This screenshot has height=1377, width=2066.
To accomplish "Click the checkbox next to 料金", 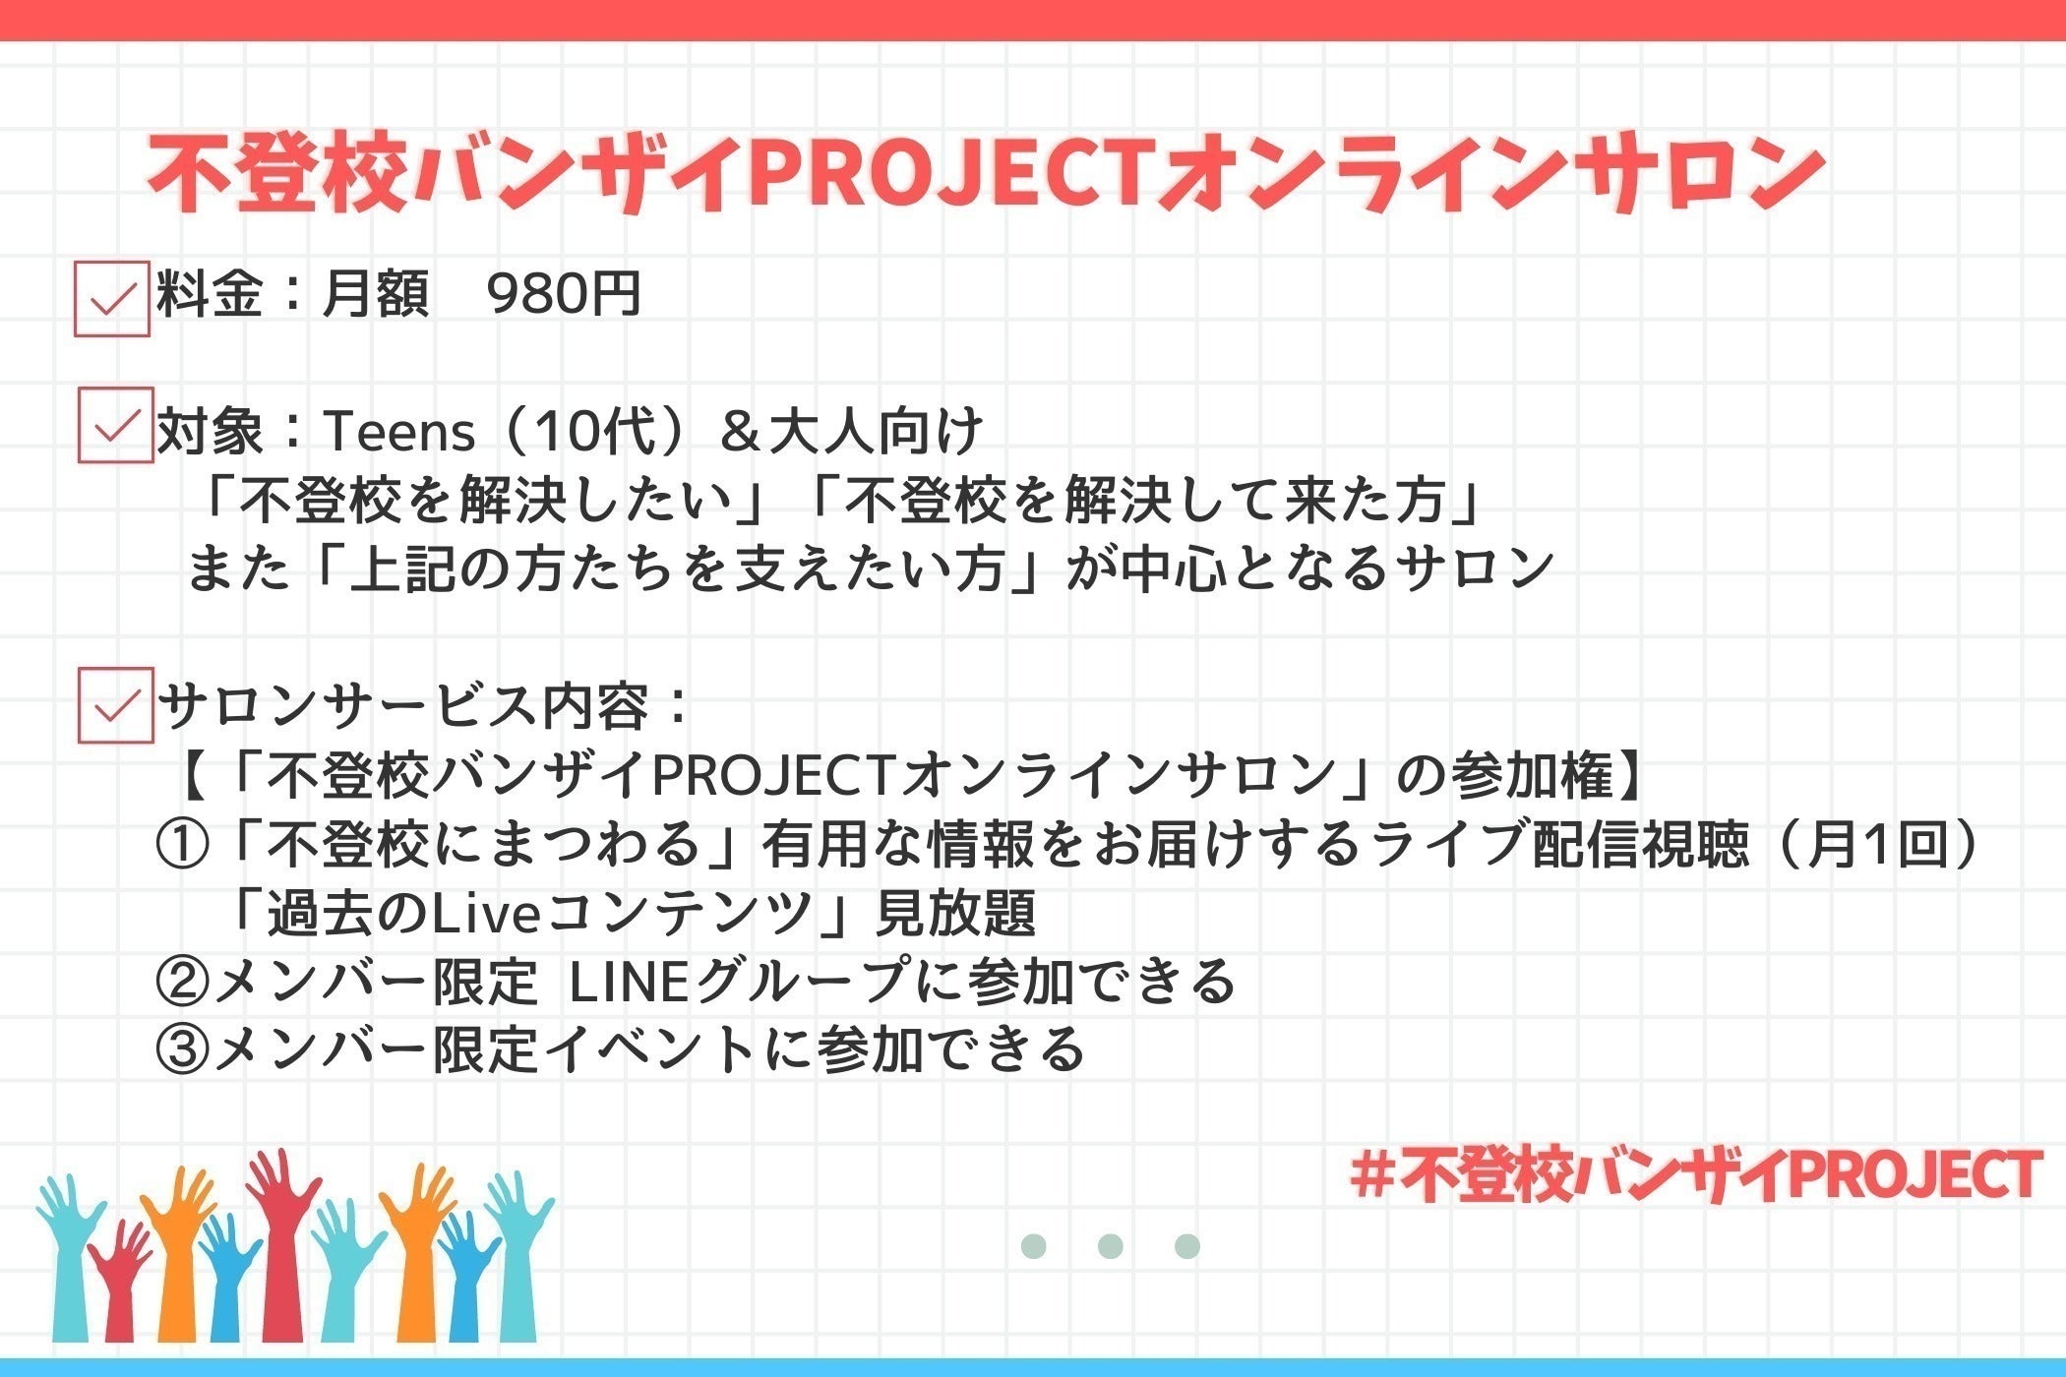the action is pos(112,299).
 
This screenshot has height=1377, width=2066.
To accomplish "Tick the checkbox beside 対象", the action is pos(116,425).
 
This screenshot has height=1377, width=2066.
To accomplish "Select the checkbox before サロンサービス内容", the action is pos(116,704).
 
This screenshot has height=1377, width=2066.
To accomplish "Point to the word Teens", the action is pos(399,431).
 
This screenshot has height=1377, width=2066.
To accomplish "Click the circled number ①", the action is pos(182,845).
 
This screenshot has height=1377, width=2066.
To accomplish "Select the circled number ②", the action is pos(182,981).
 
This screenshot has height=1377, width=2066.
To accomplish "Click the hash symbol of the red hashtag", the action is pos(1375,1176).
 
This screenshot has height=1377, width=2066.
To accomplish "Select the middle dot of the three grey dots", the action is pos(1110,1246).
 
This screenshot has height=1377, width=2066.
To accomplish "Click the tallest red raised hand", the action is pos(285,1244).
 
